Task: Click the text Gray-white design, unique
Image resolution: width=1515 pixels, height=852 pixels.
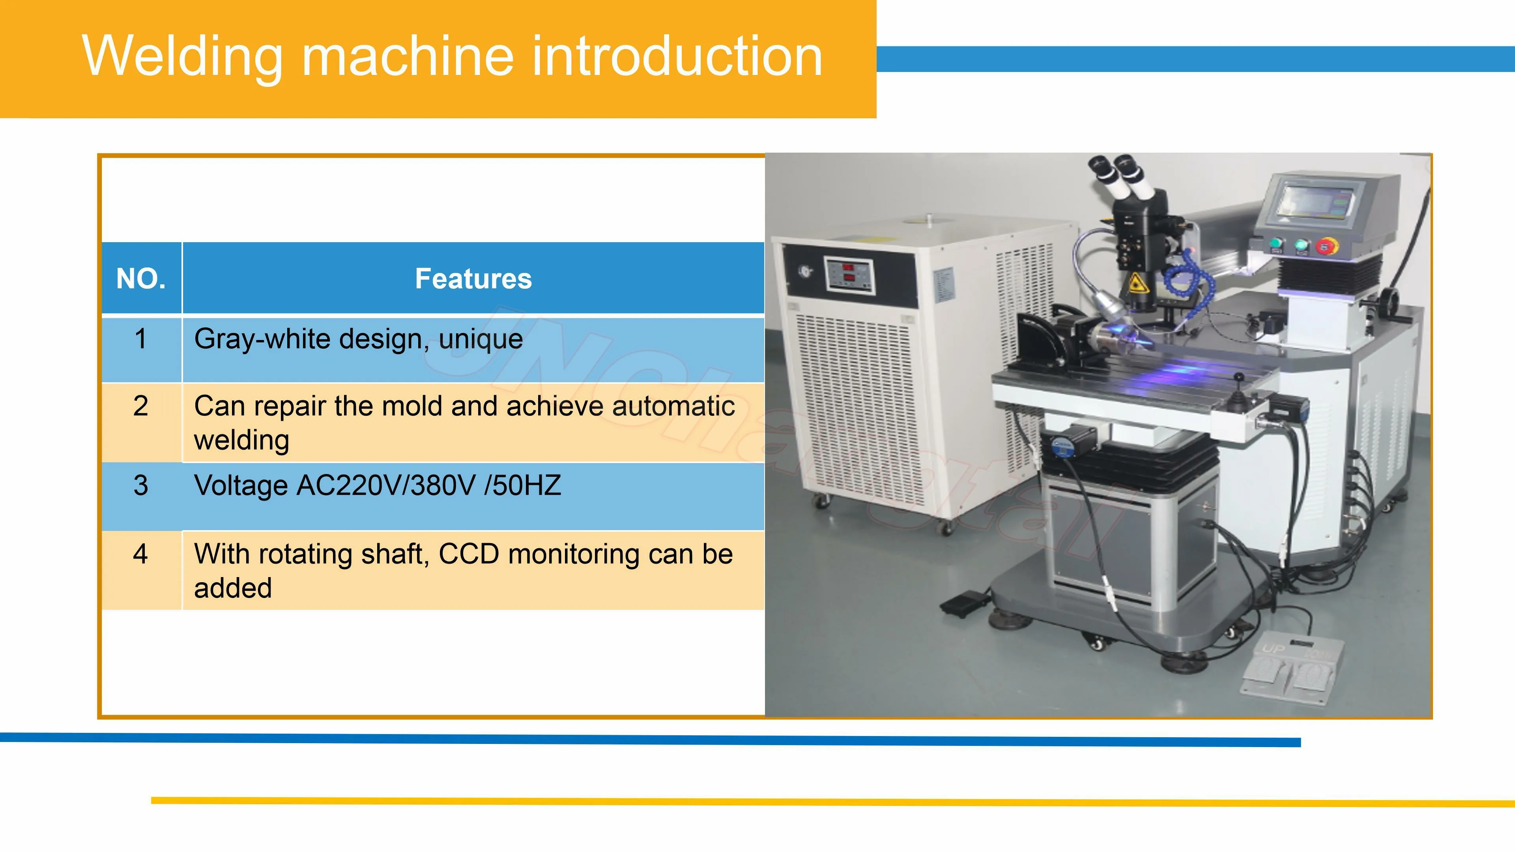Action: coord(358,339)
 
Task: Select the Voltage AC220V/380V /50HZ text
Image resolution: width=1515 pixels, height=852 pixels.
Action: coord(378,486)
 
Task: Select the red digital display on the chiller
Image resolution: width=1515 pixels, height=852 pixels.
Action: coord(849,275)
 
